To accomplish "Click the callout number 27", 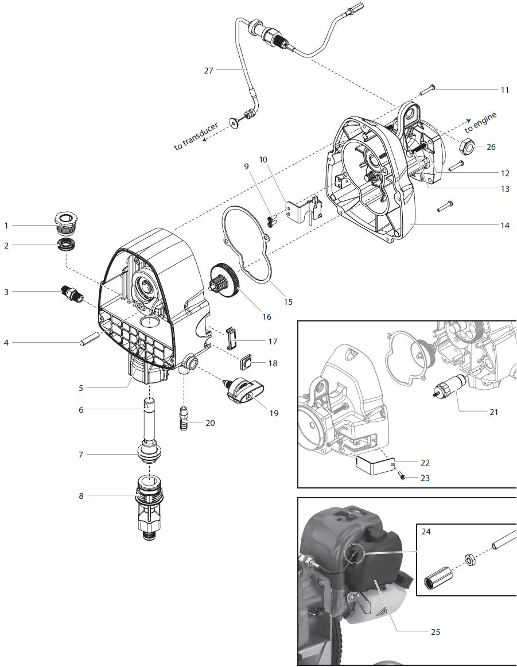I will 208,71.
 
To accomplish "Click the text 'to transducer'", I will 196,137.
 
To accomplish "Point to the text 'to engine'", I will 481,121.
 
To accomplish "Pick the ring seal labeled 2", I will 67,246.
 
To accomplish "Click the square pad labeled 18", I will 246,362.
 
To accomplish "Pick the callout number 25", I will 435,632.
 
